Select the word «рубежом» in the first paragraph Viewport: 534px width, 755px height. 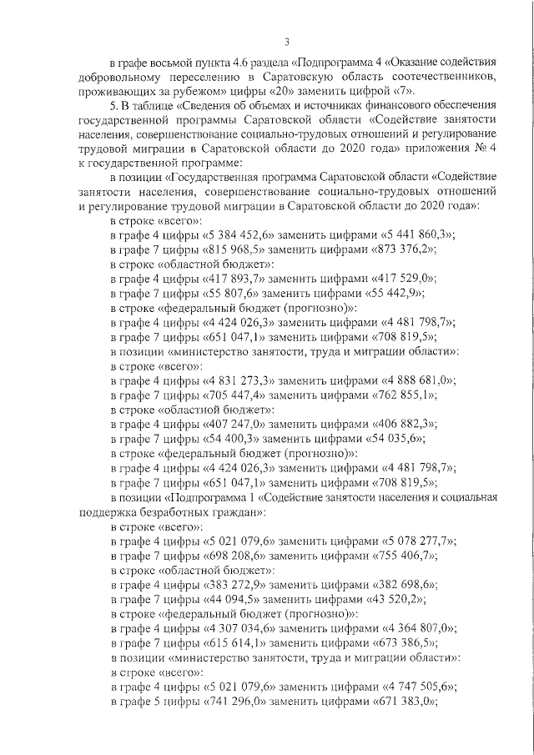[x=204, y=91]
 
